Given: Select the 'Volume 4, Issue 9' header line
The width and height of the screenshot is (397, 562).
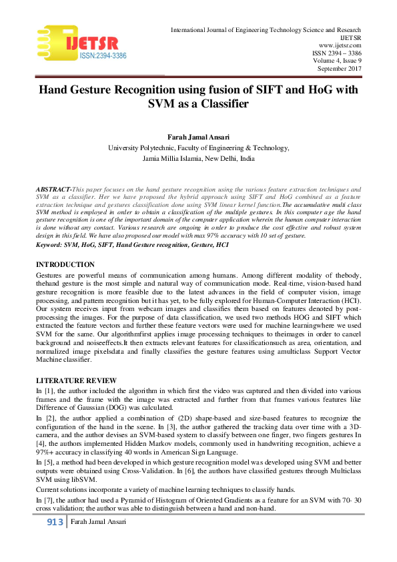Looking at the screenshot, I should point(337,61).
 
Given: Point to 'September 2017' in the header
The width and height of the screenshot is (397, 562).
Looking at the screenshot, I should point(339,69).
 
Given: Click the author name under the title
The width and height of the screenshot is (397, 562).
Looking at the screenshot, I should point(198,137).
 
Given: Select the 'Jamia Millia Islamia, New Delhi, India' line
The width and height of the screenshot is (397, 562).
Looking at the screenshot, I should point(198,160).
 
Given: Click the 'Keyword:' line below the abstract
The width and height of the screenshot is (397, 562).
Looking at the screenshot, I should point(132,245).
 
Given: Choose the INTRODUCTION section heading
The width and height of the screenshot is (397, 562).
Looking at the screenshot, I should point(65,265).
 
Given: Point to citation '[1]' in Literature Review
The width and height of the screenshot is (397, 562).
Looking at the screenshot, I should point(47,389).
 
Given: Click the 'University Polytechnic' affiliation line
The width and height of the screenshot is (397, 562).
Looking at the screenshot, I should point(198,148).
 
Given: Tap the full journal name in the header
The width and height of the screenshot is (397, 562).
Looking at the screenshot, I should point(266,30).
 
